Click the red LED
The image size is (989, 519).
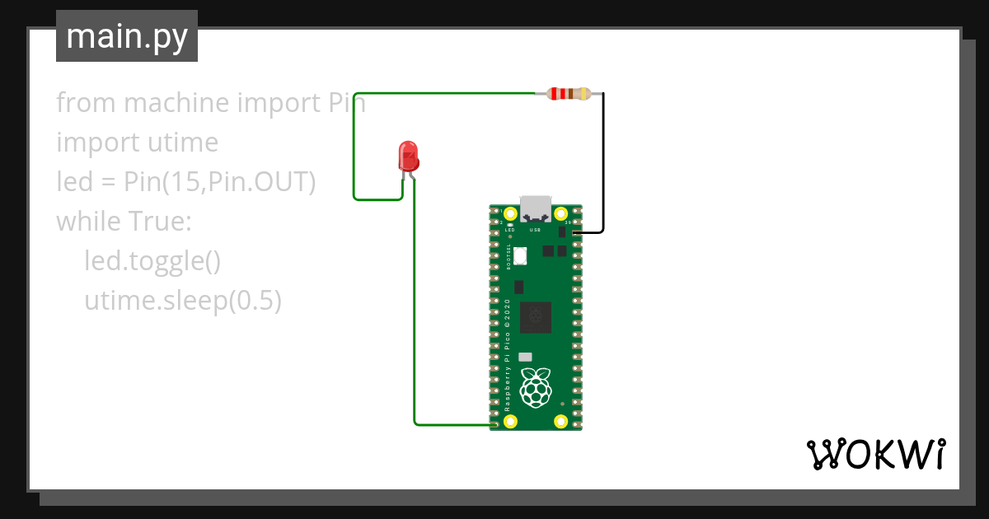[408, 155]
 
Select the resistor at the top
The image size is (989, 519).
[568, 94]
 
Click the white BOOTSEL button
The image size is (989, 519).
[519, 256]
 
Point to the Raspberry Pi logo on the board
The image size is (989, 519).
[537, 386]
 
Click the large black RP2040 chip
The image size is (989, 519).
[539, 316]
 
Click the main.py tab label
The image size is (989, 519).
[127, 37]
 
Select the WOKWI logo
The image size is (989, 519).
[875, 454]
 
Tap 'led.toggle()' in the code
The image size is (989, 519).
[152, 261]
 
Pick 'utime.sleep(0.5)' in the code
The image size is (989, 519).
[183, 301]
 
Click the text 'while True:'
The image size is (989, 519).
[124, 222]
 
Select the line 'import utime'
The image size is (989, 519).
[137, 143]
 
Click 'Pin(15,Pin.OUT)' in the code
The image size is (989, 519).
[220, 182]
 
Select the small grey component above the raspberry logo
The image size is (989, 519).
[525, 357]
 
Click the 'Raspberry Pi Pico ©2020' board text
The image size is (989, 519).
[508, 354]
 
